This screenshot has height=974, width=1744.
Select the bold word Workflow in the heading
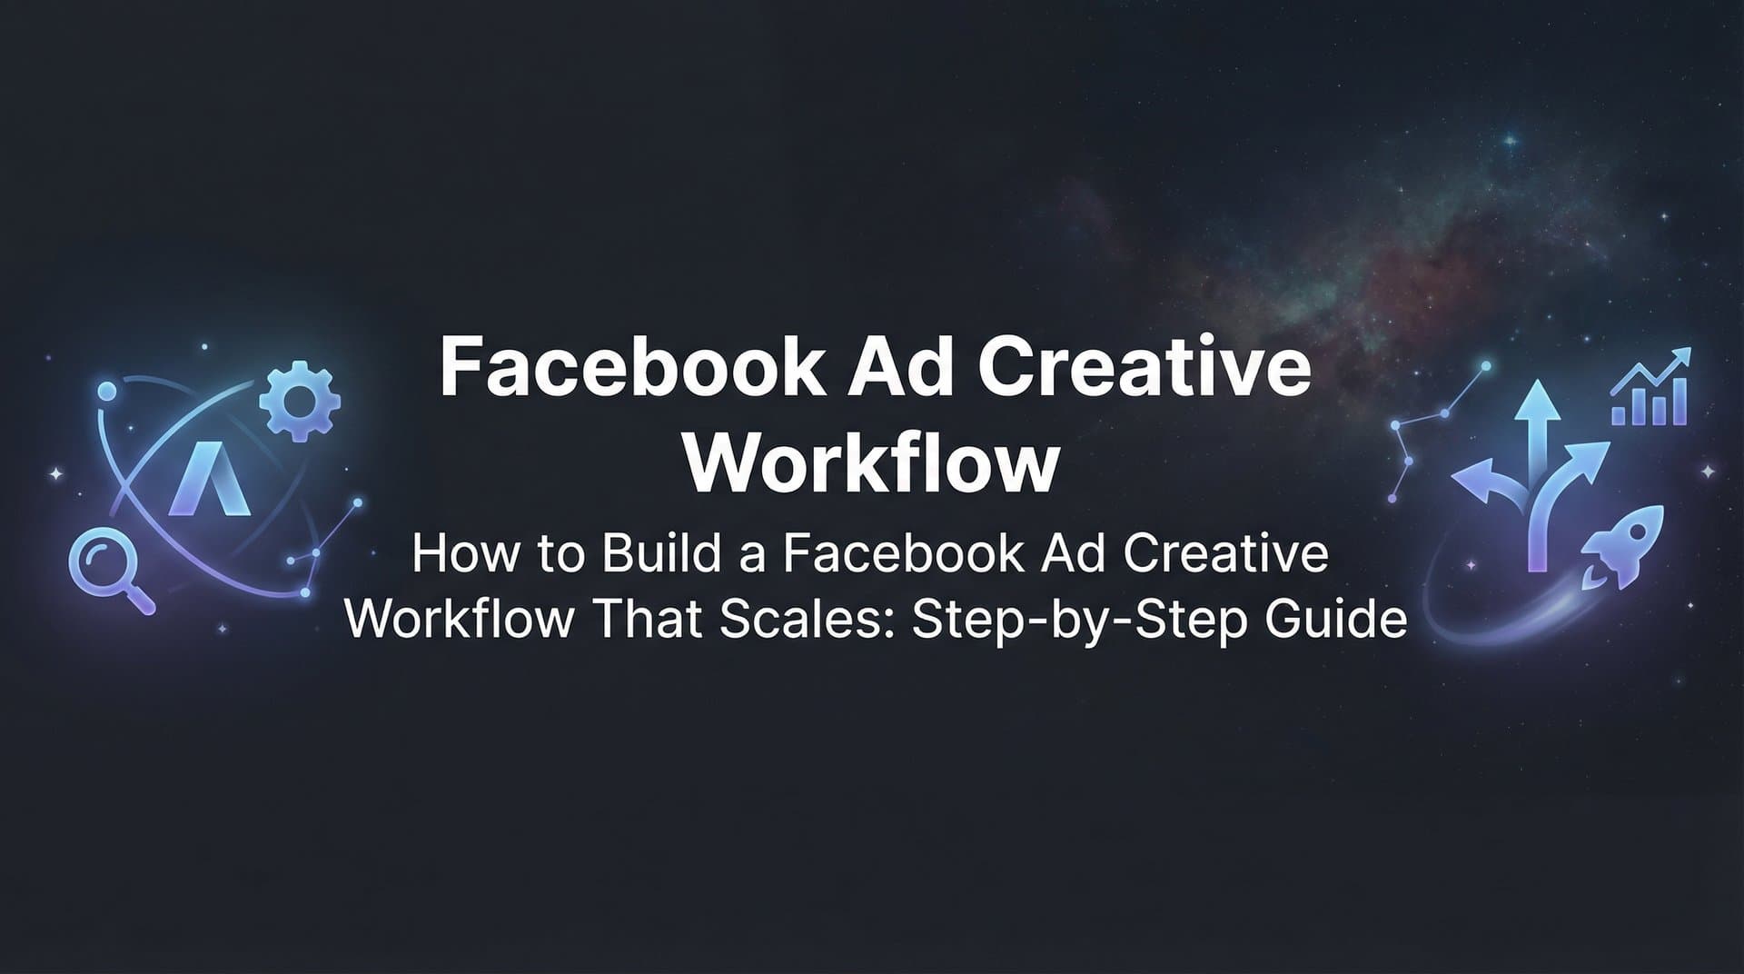(x=871, y=464)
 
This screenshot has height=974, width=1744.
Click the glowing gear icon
(x=299, y=401)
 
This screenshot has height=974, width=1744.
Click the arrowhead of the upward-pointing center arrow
(x=1537, y=401)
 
